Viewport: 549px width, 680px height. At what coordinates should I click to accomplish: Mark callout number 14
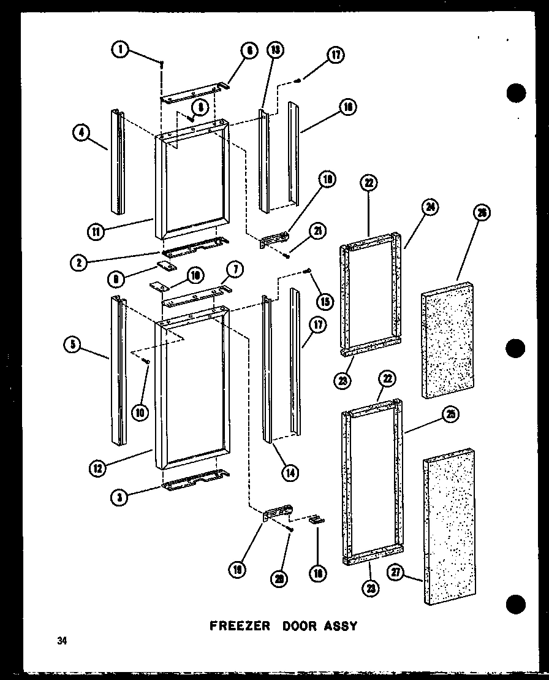click(290, 472)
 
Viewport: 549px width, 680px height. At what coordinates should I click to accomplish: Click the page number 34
click(62, 642)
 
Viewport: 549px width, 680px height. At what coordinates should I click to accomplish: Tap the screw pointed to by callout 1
click(161, 63)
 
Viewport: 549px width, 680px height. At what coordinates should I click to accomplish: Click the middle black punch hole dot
click(517, 348)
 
